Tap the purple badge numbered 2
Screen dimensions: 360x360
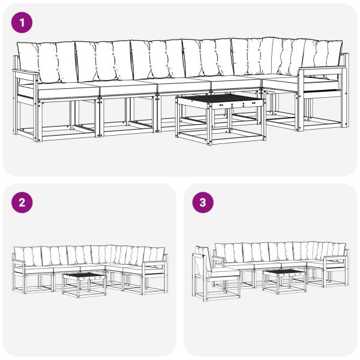coord(23,202)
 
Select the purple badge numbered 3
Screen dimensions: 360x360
coord(203,202)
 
